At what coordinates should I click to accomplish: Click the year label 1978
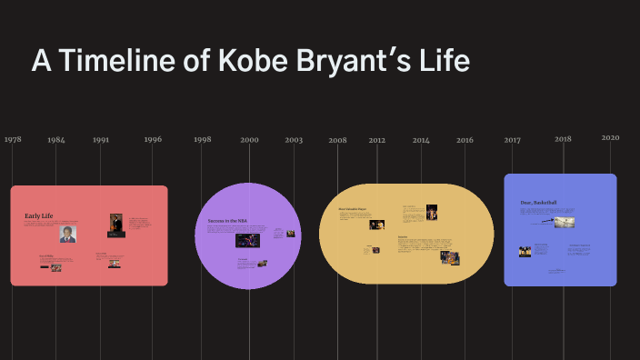tap(13, 140)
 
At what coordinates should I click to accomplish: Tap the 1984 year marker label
tap(56, 140)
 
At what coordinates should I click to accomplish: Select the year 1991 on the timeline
tap(101, 140)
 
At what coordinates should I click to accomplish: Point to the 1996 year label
tap(153, 140)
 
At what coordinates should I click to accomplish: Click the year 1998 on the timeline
tap(202, 140)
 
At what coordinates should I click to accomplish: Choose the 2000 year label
tap(249, 140)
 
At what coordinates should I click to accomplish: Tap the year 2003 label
tap(294, 140)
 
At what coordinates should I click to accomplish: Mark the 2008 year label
tap(337, 140)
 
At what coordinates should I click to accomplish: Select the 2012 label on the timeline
tap(377, 140)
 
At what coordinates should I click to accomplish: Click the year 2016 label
tap(465, 140)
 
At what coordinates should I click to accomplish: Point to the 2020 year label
tap(610, 137)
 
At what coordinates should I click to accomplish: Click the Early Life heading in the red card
tap(38, 215)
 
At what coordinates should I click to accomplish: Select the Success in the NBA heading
tap(228, 221)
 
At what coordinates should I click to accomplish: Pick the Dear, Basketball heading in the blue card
tap(538, 202)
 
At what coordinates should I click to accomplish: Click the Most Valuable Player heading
tap(353, 208)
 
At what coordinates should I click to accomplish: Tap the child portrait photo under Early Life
tap(67, 234)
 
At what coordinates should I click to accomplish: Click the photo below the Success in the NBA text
tap(248, 241)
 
